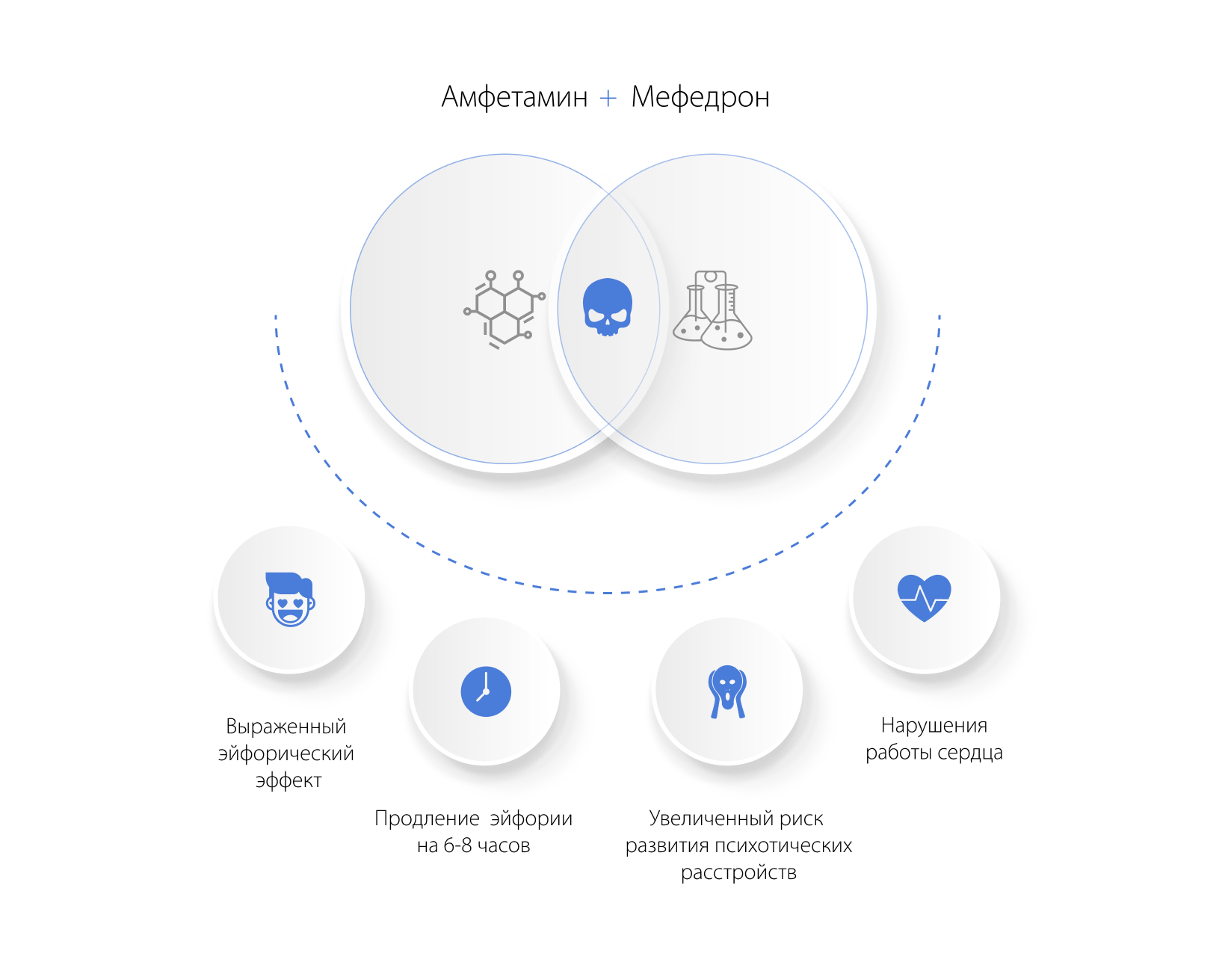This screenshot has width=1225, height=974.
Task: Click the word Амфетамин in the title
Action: click(x=515, y=96)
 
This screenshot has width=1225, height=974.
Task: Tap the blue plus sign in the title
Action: click(x=608, y=99)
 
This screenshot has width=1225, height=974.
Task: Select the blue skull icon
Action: click(x=608, y=307)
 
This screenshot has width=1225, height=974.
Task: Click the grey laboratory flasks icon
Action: click(x=713, y=310)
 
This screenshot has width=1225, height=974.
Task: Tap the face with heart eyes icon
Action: click(x=290, y=599)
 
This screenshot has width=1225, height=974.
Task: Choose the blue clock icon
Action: click(x=486, y=691)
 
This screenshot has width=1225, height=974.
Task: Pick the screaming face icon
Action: click(x=727, y=692)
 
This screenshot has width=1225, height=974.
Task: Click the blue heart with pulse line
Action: click(x=925, y=598)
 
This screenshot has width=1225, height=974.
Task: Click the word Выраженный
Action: click(x=286, y=727)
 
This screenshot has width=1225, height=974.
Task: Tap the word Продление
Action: click(x=427, y=819)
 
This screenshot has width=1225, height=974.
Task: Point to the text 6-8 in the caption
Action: click(x=457, y=846)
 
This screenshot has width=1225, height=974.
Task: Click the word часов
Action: click(x=504, y=846)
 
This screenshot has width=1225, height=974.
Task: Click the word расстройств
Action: click(x=739, y=873)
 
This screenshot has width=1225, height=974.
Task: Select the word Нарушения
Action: click(x=934, y=726)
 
